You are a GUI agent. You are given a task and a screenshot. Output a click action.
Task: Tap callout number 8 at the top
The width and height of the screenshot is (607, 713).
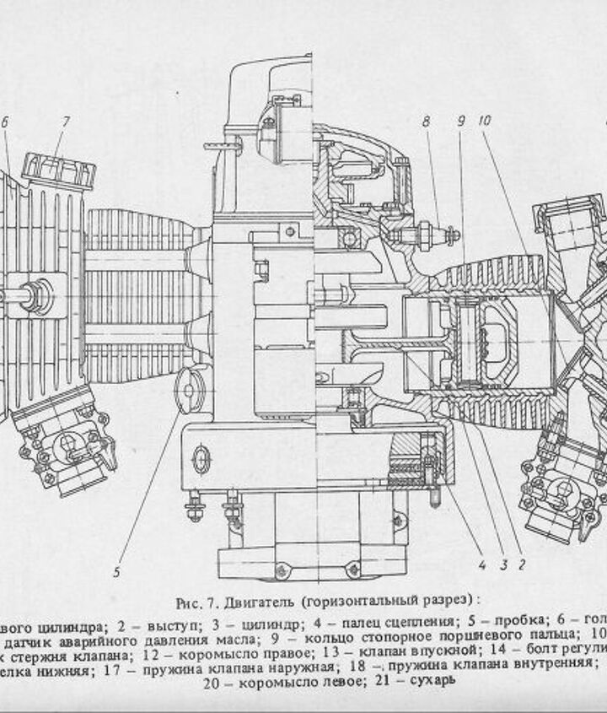pos(427,122)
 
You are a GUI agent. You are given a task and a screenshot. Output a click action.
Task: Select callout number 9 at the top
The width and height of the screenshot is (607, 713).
pos(461,122)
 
